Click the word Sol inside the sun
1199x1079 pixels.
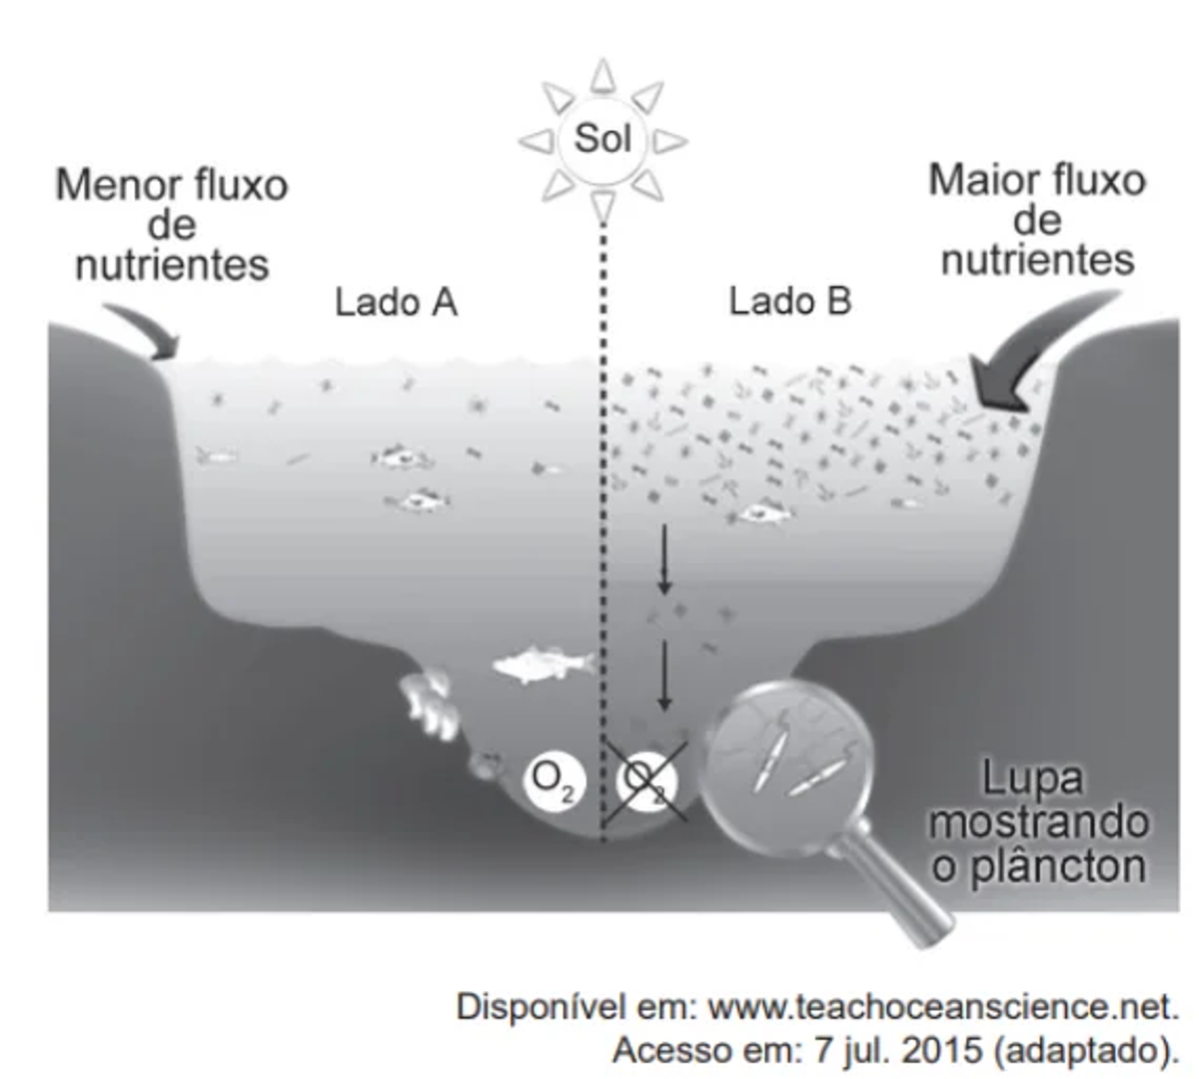point(602,138)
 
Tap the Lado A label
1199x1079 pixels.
point(396,301)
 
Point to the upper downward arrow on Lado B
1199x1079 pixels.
point(663,559)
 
